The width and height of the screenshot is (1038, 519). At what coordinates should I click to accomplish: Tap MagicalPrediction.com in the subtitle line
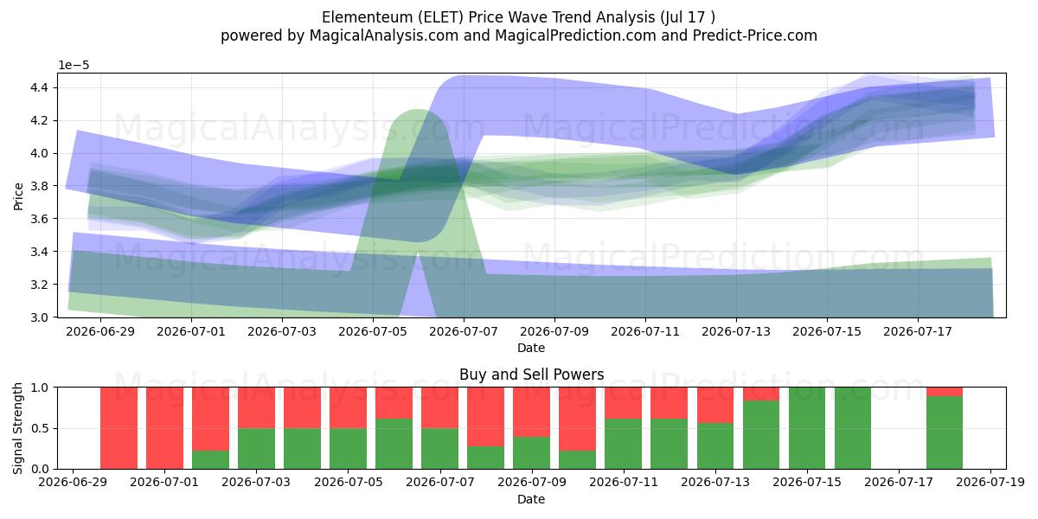575,35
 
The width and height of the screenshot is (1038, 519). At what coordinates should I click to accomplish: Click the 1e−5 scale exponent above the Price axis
74,66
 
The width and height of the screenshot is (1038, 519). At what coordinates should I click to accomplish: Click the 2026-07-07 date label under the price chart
464,332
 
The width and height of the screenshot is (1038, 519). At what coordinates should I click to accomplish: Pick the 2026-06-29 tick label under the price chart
100,332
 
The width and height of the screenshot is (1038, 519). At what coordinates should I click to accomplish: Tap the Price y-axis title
18,196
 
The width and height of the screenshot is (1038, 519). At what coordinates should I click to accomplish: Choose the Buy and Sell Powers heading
531,375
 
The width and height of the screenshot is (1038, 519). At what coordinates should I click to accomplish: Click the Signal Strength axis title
17,428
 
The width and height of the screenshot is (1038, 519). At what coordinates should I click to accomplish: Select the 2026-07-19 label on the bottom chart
990,483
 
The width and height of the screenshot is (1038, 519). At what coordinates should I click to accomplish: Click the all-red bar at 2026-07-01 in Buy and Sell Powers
164,428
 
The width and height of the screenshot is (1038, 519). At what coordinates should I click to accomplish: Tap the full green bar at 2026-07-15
807,428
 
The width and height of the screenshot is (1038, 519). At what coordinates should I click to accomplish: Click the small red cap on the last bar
945,392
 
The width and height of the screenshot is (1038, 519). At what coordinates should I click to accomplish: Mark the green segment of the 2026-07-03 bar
256,449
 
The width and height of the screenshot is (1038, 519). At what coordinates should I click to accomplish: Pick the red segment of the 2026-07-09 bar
531,412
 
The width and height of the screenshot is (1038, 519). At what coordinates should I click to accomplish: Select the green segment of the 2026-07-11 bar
624,444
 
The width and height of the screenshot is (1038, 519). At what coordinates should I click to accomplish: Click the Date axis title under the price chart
531,348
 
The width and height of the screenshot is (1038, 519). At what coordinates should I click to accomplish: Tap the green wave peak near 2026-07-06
418,112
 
